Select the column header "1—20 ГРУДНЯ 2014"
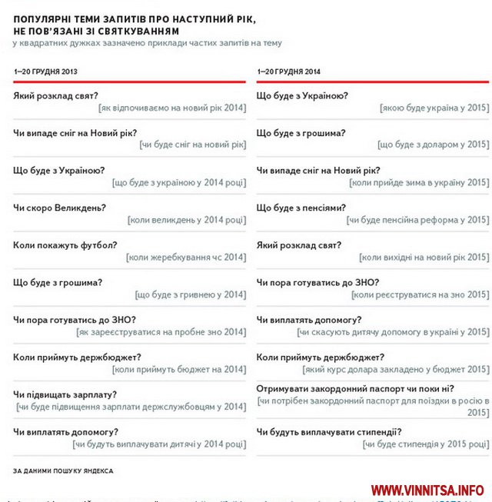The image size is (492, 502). coord(288,71)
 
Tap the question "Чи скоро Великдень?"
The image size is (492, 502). coord(59,208)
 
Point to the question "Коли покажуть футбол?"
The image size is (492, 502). coord(65,245)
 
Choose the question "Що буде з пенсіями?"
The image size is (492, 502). coord(301,208)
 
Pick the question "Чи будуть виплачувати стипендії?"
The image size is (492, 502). coord(329,431)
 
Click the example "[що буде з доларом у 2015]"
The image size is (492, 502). coord(433,145)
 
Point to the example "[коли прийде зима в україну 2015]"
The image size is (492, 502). coord(418,182)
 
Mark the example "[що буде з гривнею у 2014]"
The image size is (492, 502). coord(191,294)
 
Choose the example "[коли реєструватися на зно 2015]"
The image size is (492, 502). coord(421,294)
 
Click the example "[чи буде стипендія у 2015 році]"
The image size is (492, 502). coord(425,444)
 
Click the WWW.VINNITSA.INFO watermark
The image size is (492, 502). coord(427,490)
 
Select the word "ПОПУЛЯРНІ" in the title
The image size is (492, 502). coord(45,17)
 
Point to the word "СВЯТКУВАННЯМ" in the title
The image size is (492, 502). coord(135,30)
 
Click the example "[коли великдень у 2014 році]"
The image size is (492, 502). coord(187,220)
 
